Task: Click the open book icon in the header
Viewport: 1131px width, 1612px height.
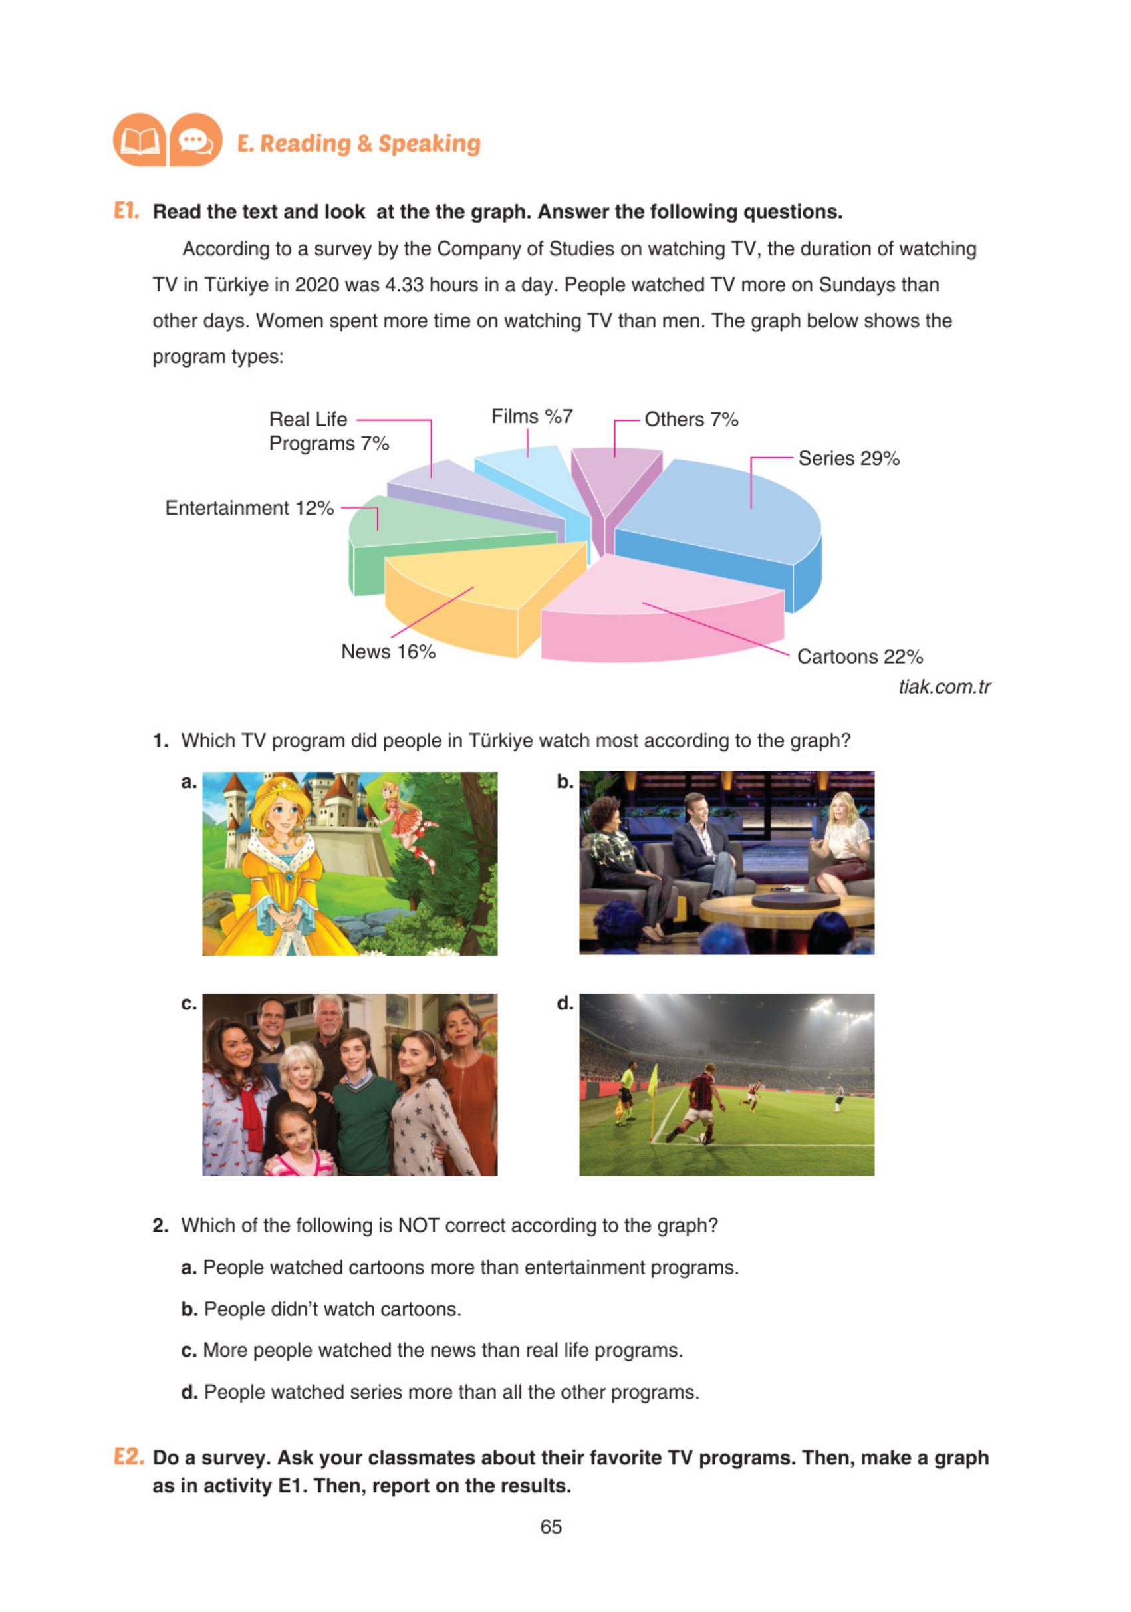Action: click(x=139, y=141)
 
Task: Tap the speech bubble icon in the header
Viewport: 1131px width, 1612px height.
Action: click(x=195, y=141)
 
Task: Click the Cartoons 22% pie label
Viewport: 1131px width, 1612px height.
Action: click(x=859, y=657)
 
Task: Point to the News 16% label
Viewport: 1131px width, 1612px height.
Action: click(x=388, y=652)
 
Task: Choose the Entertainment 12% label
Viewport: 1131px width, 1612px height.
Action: click(x=249, y=508)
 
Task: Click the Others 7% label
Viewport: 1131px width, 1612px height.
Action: click(x=691, y=420)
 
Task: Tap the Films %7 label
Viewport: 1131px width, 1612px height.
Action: click(x=531, y=417)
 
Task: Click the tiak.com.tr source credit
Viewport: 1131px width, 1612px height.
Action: click(x=943, y=688)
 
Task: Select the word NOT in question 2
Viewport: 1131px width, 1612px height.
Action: click(x=418, y=1226)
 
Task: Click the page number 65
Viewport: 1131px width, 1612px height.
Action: click(x=551, y=1527)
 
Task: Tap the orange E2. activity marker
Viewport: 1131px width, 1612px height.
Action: click(x=128, y=1458)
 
